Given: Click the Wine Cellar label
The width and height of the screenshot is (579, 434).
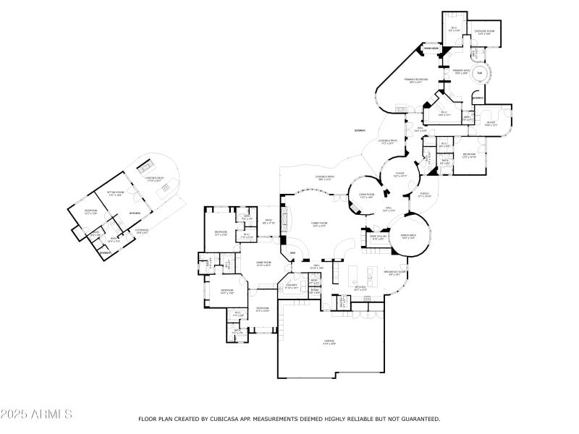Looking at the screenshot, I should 378,237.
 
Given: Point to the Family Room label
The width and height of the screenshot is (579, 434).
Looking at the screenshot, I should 319,225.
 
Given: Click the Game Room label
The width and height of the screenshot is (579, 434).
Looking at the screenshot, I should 263,264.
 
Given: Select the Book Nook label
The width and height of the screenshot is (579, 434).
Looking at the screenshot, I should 431,48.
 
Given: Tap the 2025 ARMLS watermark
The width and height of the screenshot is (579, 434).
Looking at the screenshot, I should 36,414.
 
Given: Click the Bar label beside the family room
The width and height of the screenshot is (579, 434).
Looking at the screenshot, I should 292,252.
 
